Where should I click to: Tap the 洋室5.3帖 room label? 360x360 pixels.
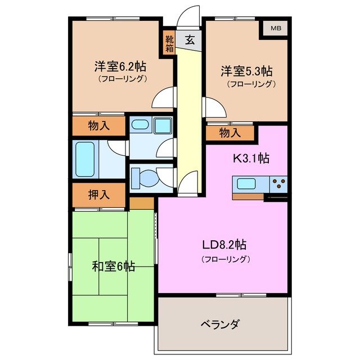pos(246,71)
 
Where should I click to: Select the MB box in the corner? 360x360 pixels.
pos(276,28)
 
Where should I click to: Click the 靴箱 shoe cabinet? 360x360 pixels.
pos(169,44)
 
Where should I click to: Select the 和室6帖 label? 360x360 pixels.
pos(113,266)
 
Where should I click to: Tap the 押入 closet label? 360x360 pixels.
pos(99,195)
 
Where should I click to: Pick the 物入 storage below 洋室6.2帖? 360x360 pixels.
pos(99,126)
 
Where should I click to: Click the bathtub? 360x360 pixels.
pos(85,159)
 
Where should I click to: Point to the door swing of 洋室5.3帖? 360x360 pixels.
pos(213,107)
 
